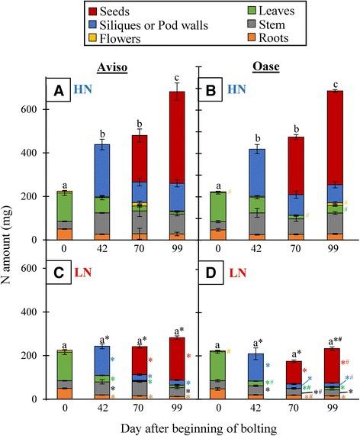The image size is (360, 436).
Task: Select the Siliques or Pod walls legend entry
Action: click(160, 27)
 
